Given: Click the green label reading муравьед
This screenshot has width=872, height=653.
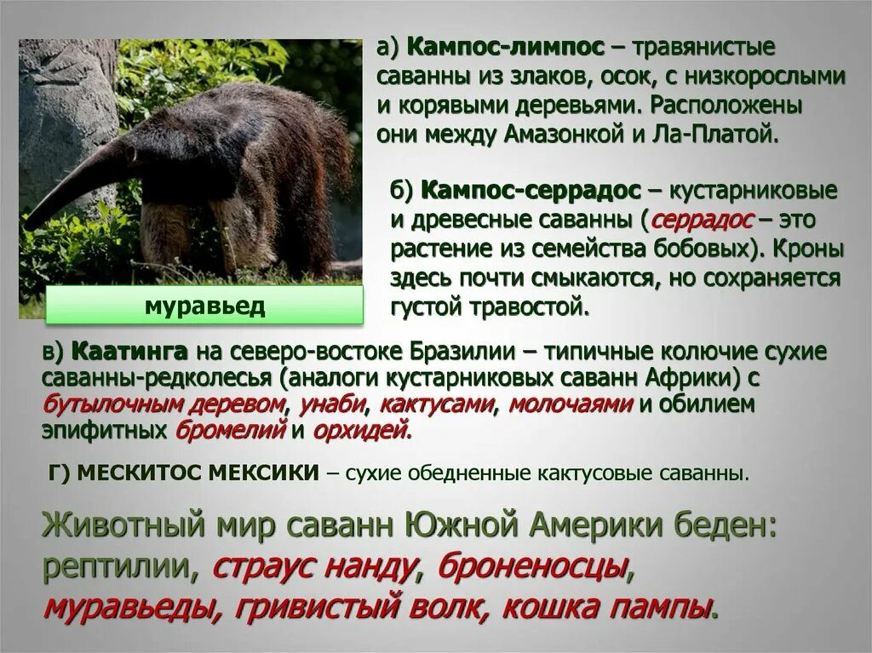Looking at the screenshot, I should click(x=204, y=306).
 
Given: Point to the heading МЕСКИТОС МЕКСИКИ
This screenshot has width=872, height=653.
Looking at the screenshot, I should click(x=198, y=473).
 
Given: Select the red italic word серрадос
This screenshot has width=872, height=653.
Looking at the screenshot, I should click(x=703, y=220).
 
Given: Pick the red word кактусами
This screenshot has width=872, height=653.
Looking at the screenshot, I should click(x=436, y=404).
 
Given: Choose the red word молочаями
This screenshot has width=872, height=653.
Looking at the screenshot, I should click(x=570, y=404).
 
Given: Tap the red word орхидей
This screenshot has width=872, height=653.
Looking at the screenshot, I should click(x=361, y=431).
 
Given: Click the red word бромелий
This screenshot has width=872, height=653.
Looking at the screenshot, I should click(x=230, y=431).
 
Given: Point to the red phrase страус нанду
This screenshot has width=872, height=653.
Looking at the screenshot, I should click(x=313, y=566).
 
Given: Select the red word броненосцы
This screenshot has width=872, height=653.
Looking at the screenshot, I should click(x=532, y=566).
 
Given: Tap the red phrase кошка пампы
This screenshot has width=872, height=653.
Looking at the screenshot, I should click(x=605, y=608).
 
